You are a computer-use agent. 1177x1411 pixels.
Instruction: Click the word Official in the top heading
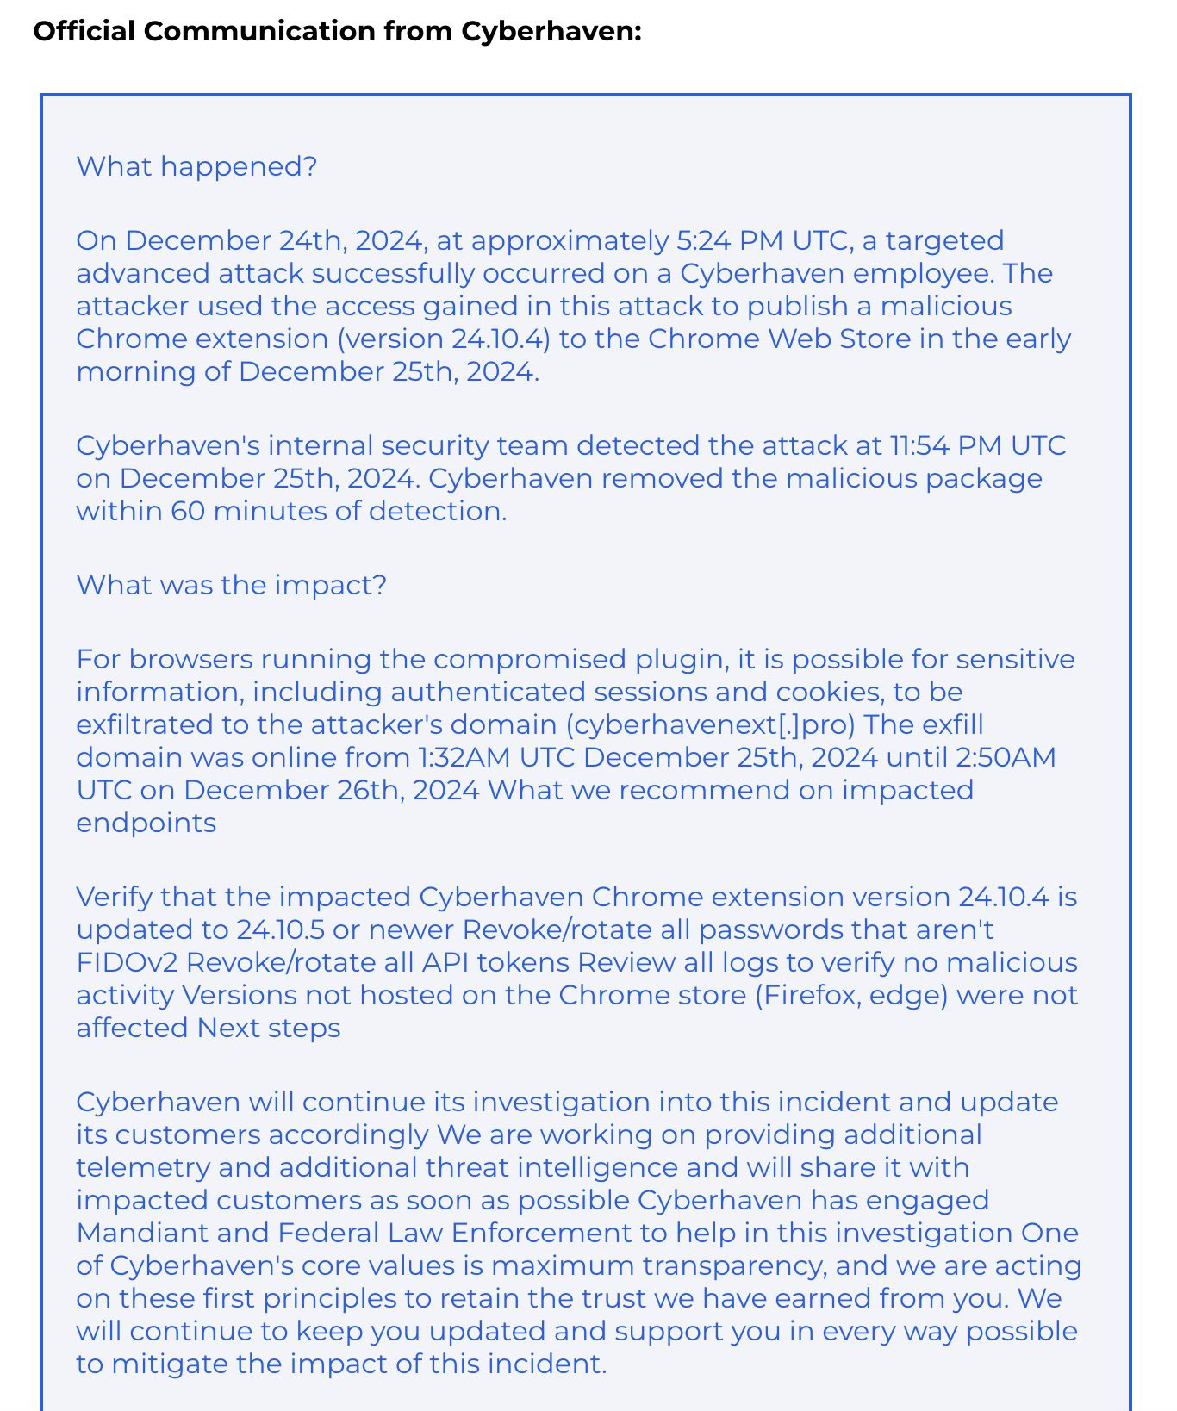pyautogui.click(x=84, y=31)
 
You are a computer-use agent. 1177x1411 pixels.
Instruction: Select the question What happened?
pyautogui.click(x=196, y=166)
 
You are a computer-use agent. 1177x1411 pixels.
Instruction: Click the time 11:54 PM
pyautogui.click(x=945, y=445)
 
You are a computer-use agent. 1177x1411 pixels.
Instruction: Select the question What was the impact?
pyautogui.click(x=231, y=585)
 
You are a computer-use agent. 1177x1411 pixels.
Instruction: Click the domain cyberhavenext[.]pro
pyautogui.click(x=711, y=724)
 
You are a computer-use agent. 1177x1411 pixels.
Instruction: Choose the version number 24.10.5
pyautogui.click(x=282, y=929)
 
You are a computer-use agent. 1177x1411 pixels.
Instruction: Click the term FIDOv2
pyautogui.click(x=127, y=962)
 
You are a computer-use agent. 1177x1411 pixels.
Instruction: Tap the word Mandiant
pyautogui.click(x=141, y=1233)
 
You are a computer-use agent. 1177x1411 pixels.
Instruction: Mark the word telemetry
pyautogui.click(x=142, y=1167)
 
